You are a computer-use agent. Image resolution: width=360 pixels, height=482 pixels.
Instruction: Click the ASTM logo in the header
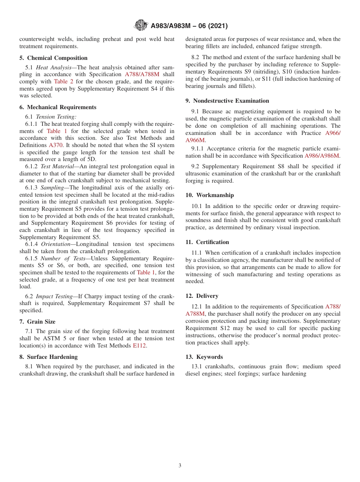click(141, 26)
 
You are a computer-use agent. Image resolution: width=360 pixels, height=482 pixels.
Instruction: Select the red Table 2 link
click(63, 81)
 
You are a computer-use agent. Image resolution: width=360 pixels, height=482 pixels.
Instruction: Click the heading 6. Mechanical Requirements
click(58, 107)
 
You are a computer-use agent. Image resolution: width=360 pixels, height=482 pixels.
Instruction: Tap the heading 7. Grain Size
click(38, 322)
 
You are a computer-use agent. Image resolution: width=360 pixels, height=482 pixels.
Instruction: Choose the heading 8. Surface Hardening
click(49, 357)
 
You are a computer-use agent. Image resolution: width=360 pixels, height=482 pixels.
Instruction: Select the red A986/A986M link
click(322, 156)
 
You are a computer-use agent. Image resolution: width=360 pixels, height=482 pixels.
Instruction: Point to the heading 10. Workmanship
click(210, 195)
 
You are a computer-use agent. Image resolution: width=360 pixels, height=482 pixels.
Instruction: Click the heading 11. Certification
click(207, 242)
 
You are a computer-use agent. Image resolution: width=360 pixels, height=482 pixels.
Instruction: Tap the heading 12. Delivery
click(202, 296)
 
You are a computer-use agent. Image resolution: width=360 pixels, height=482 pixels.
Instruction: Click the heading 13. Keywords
click(204, 357)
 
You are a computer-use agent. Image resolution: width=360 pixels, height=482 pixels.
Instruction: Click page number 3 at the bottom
click(180, 466)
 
